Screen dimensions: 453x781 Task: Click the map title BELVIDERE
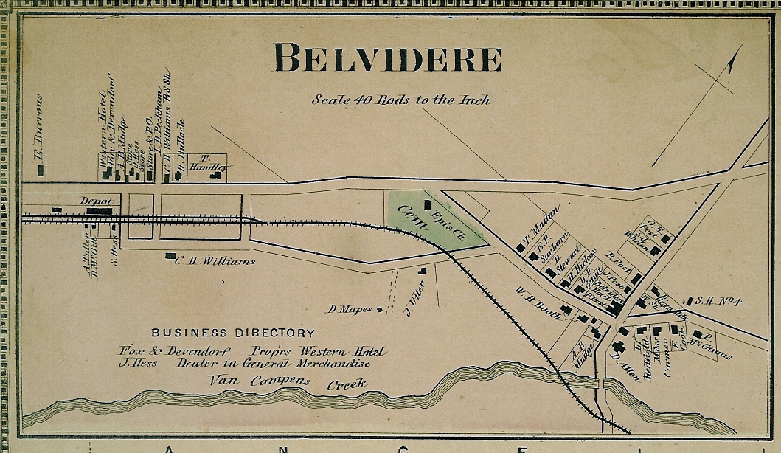(388, 58)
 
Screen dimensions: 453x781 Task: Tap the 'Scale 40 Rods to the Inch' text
(400, 99)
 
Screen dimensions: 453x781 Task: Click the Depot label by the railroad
(96, 201)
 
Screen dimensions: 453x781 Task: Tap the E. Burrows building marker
(41, 171)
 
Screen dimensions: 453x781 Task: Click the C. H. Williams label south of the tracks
(215, 260)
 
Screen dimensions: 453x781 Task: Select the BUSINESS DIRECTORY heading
(233, 333)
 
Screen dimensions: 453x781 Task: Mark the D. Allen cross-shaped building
(619, 347)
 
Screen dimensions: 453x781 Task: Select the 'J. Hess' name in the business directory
(138, 363)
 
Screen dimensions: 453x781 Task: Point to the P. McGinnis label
(712, 346)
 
